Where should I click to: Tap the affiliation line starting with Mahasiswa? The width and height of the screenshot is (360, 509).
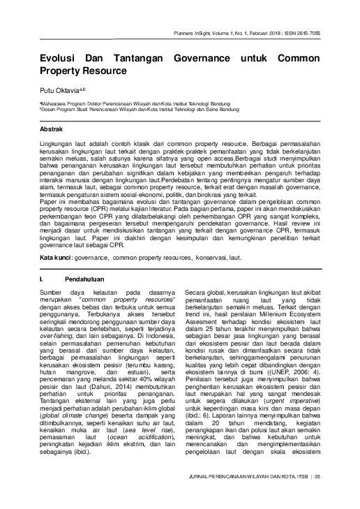pos(140,103)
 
